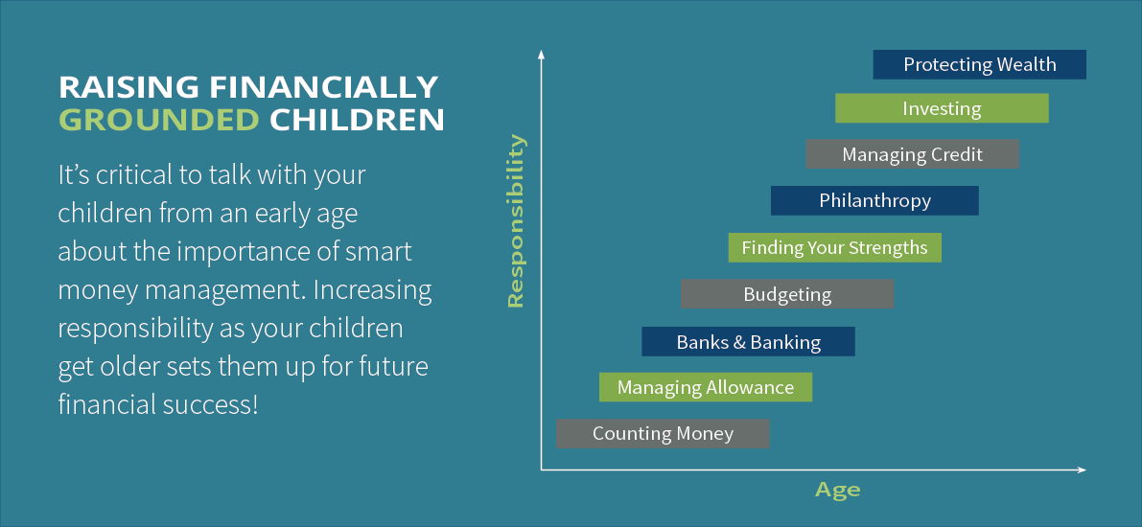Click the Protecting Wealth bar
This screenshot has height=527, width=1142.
980,64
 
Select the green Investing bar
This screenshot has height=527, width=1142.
942,108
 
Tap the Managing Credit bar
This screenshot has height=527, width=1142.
913,154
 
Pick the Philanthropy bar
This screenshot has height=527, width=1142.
874,201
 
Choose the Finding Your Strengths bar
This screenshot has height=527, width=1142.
834,247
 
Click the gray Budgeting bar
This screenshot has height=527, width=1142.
787,294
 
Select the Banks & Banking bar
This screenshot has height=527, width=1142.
749,341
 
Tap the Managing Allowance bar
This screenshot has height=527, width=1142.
706,387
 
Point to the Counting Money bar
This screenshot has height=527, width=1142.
663,434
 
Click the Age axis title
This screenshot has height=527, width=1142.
838,490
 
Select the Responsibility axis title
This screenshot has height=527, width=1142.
515,220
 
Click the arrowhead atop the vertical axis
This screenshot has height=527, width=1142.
541,54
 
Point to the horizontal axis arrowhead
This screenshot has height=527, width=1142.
1082,470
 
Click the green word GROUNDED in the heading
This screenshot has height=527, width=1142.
159,120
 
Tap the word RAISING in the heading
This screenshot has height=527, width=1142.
128,86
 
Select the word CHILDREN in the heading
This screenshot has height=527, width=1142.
357,120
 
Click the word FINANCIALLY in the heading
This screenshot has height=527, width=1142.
324,86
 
